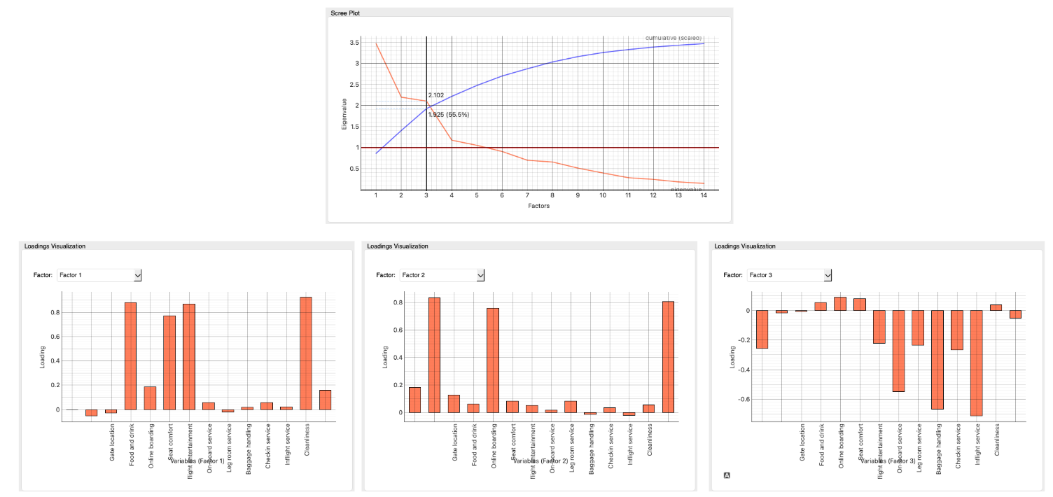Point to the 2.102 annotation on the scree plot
[436, 94]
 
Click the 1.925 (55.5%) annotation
[449, 114]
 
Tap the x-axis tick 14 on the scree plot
[703, 196]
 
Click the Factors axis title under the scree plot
[539, 206]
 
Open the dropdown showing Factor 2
[442, 276]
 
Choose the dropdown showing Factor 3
[789, 276]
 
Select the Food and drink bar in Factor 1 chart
[130, 356]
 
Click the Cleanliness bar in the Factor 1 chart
[305, 353]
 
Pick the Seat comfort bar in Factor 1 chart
[169, 363]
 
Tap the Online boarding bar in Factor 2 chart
[493, 360]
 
